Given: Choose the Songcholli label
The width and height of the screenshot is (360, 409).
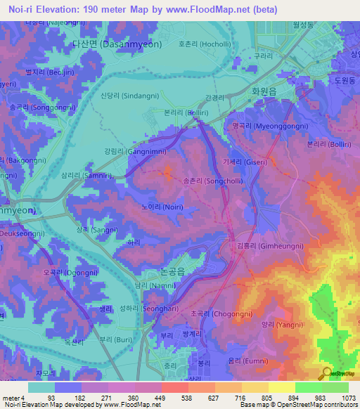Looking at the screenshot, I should click(214, 181).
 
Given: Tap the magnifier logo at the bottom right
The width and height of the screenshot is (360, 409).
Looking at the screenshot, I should click(326, 373).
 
